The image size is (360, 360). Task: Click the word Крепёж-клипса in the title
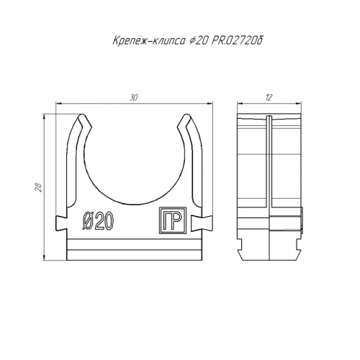(148, 41)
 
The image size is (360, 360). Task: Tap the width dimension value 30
(134, 98)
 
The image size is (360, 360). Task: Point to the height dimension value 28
(39, 187)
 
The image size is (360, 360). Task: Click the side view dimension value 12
(269, 98)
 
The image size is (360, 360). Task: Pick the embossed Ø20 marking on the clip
(98, 220)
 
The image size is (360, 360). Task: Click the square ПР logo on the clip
(173, 220)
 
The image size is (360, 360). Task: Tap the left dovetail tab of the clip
(61, 223)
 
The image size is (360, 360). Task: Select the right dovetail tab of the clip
(202, 223)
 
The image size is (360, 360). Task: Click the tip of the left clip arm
(81, 115)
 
